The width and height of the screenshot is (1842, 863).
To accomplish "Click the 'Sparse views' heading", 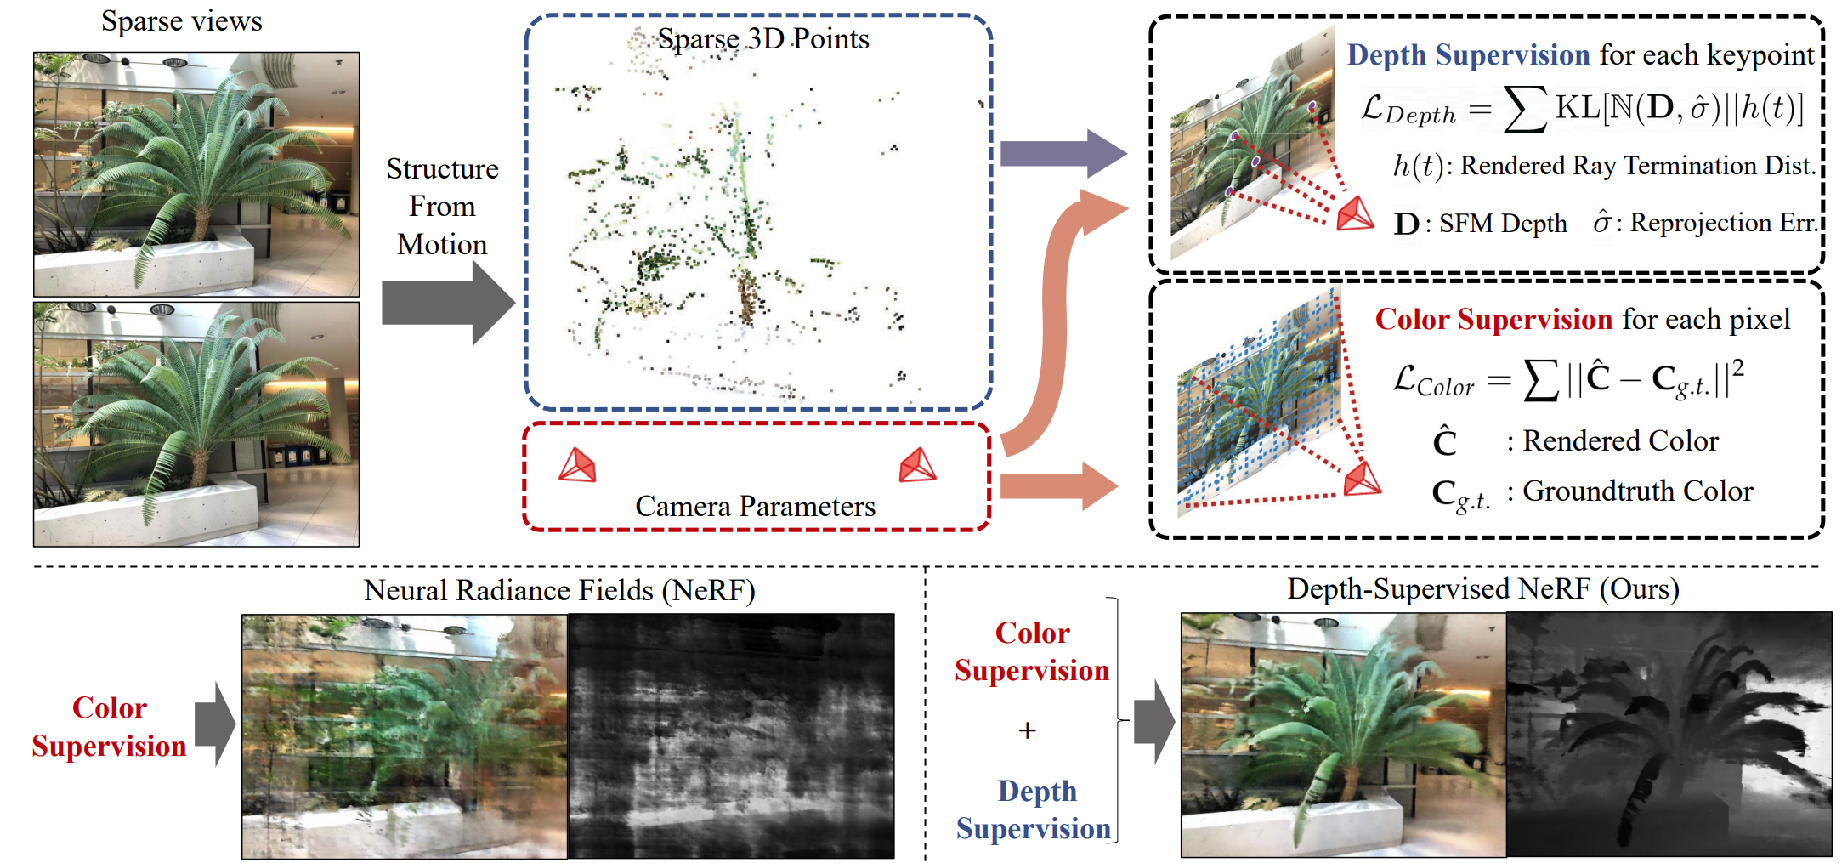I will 181,21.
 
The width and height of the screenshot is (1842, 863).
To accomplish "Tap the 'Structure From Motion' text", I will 442,207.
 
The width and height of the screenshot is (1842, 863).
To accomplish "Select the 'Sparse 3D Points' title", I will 762,39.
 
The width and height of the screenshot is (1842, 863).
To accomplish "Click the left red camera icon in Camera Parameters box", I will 577,466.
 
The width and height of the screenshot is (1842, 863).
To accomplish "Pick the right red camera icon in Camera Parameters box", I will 917,466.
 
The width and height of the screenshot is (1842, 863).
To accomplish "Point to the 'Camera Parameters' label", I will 755,507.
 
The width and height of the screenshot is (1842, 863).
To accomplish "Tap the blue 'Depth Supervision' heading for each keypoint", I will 1468,55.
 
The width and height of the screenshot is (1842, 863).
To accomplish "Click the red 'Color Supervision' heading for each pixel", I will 1493,320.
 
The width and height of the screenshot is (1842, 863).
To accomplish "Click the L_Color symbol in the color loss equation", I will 1433,381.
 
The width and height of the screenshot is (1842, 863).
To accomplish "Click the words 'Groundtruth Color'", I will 1637,491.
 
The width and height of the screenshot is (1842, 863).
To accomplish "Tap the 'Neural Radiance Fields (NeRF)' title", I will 559,590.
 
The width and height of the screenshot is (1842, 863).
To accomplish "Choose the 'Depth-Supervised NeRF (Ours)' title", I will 1482,588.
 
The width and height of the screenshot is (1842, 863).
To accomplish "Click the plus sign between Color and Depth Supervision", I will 1028,730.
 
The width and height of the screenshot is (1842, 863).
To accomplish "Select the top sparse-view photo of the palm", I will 196,174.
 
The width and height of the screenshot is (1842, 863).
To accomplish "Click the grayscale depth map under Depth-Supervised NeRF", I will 1669,734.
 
